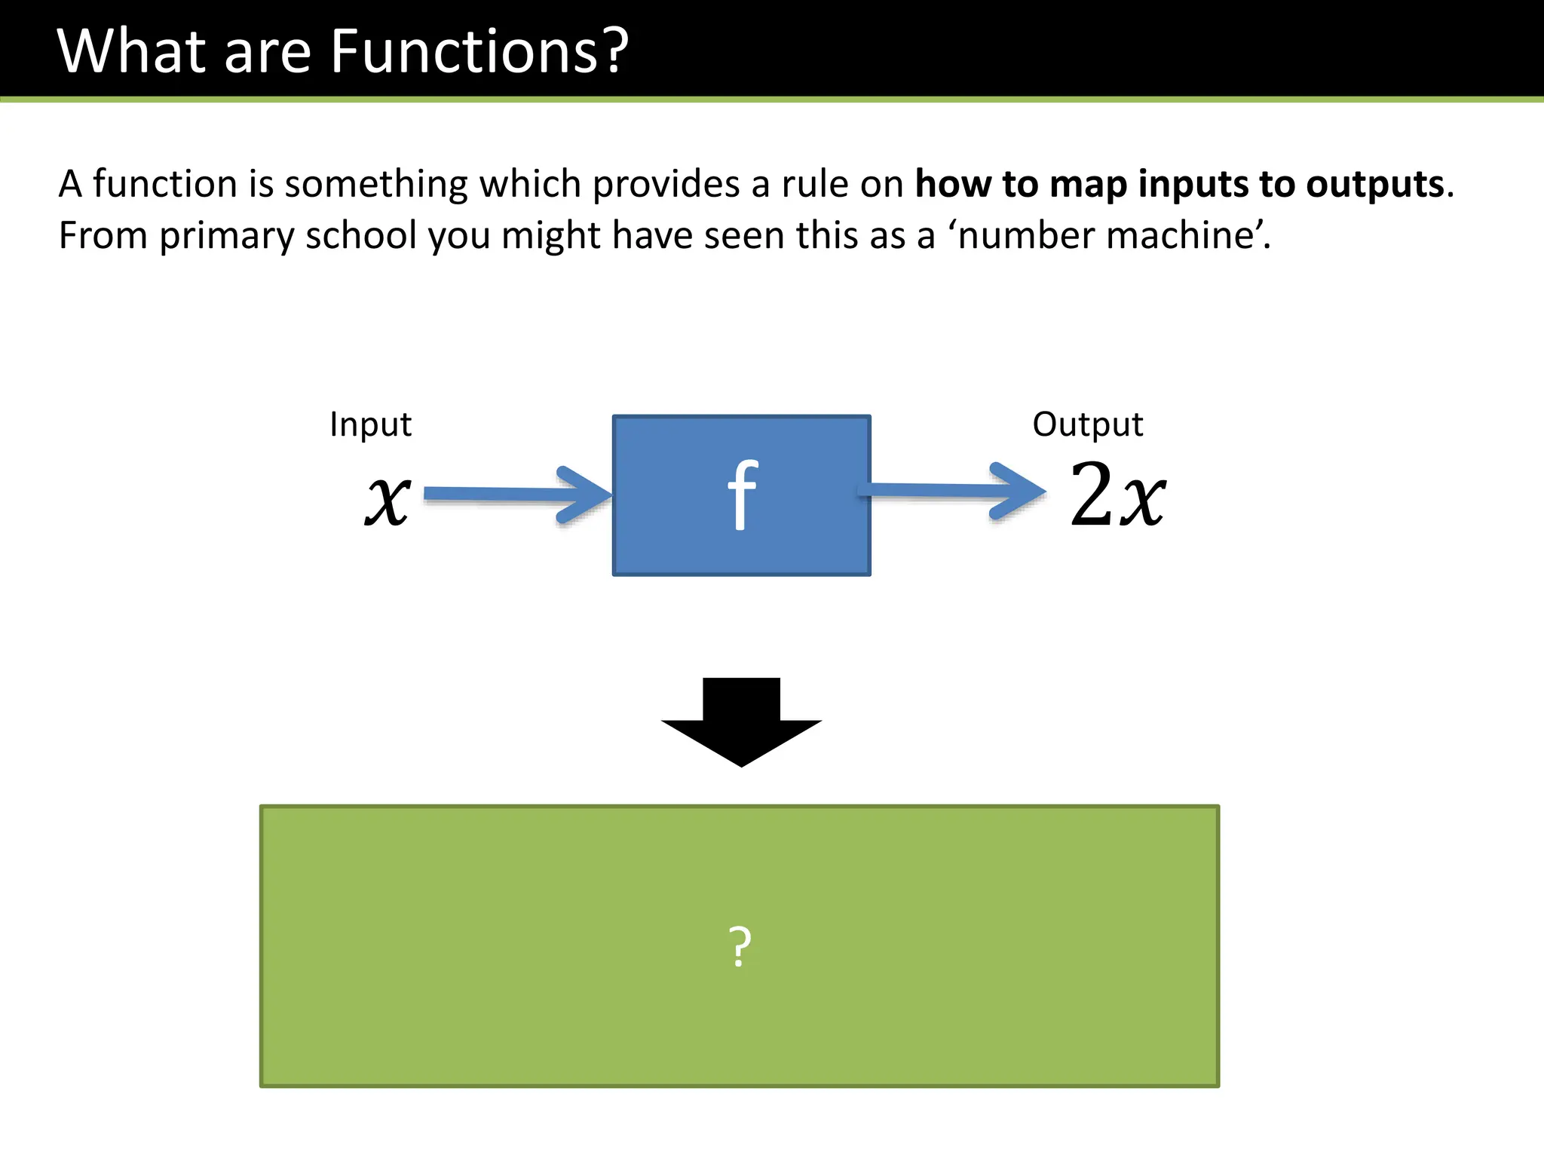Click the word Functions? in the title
(x=479, y=51)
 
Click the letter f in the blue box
(x=743, y=495)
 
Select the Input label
(x=370, y=424)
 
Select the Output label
(x=1087, y=424)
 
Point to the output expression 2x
(x=1117, y=495)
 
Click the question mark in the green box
(x=740, y=947)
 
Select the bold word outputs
(x=1374, y=185)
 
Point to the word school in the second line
(x=360, y=236)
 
